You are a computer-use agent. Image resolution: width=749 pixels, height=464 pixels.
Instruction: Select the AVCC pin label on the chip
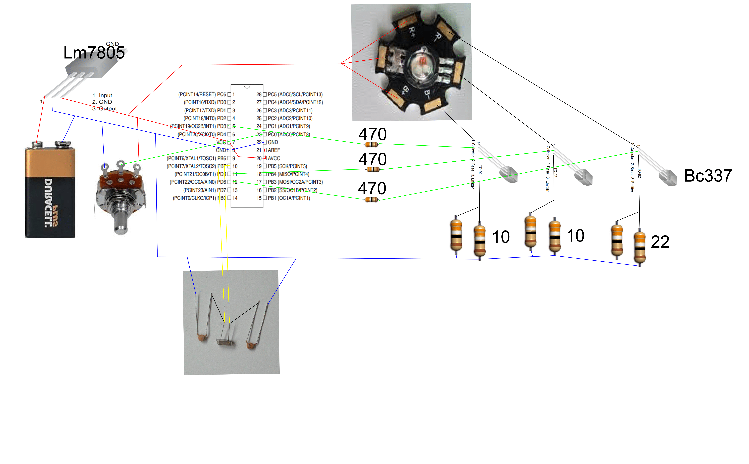[274, 158]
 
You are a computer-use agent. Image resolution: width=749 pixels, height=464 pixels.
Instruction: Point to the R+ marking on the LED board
[412, 31]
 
